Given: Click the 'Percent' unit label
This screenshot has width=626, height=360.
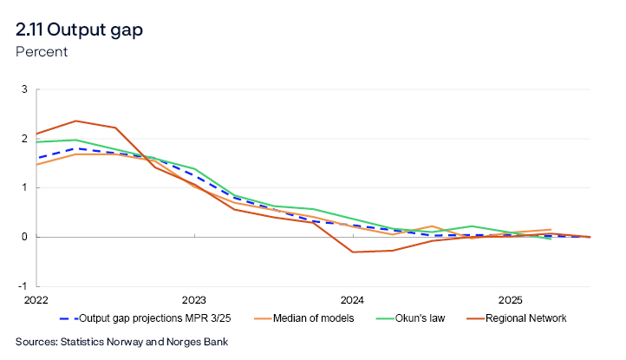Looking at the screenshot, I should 42,51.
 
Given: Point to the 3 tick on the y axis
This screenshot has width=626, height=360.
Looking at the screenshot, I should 24,89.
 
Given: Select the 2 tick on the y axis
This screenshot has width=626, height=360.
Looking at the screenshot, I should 24,138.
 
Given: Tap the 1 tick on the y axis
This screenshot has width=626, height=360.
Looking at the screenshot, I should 24,187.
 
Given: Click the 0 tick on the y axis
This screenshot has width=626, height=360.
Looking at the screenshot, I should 24,237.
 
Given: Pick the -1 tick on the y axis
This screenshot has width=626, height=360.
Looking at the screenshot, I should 23,285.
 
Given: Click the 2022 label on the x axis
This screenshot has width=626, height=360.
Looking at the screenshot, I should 36,299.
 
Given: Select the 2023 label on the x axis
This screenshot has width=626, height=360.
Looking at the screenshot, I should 193,299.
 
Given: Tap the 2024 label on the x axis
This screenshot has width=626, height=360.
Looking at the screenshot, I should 352,299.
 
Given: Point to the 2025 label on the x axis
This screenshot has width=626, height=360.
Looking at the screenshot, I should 511,299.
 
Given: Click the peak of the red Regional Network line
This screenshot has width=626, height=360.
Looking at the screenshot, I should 75,121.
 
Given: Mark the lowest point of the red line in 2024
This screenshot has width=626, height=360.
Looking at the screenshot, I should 352,252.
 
